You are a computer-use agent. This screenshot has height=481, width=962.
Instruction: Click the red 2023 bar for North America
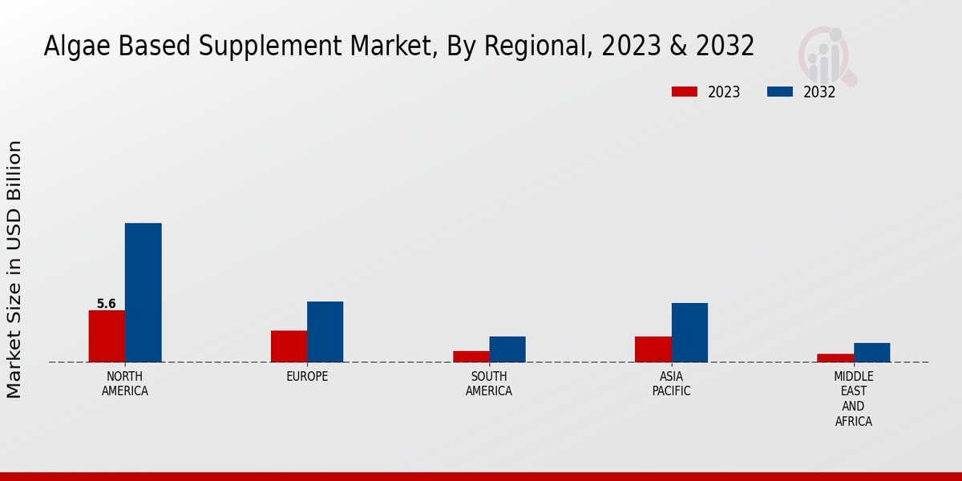(x=107, y=336)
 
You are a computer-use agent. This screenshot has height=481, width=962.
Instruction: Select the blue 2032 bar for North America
(x=143, y=293)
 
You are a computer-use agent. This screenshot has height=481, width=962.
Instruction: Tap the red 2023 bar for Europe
(x=289, y=346)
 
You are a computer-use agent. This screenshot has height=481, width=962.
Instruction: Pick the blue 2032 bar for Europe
(x=325, y=332)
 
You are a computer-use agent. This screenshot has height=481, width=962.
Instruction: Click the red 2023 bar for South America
(x=471, y=357)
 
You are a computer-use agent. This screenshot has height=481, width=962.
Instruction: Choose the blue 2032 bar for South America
(x=507, y=350)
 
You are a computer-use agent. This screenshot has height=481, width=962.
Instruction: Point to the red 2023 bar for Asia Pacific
(x=653, y=350)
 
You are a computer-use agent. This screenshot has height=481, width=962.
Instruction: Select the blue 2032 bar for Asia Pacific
(x=689, y=333)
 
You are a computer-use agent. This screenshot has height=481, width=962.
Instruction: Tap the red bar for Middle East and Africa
(x=835, y=358)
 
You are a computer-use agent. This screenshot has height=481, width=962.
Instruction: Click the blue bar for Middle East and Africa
(x=871, y=353)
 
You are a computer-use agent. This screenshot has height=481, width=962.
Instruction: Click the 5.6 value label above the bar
(x=107, y=304)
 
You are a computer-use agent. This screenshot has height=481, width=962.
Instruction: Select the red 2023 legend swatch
(x=685, y=91)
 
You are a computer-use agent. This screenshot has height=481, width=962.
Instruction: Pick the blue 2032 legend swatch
(x=779, y=91)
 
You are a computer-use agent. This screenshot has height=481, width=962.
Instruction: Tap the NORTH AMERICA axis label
(x=125, y=384)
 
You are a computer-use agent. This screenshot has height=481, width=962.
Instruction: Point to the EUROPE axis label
(x=307, y=377)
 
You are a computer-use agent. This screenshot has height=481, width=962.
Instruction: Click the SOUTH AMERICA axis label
(x=489, y=384)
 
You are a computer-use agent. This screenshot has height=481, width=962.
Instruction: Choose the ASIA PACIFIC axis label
(x=671, y=384)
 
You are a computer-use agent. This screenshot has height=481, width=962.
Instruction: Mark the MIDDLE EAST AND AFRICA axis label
(x=853, y=398)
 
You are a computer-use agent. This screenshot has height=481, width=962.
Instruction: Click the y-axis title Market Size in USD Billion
(x=14, y=269)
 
